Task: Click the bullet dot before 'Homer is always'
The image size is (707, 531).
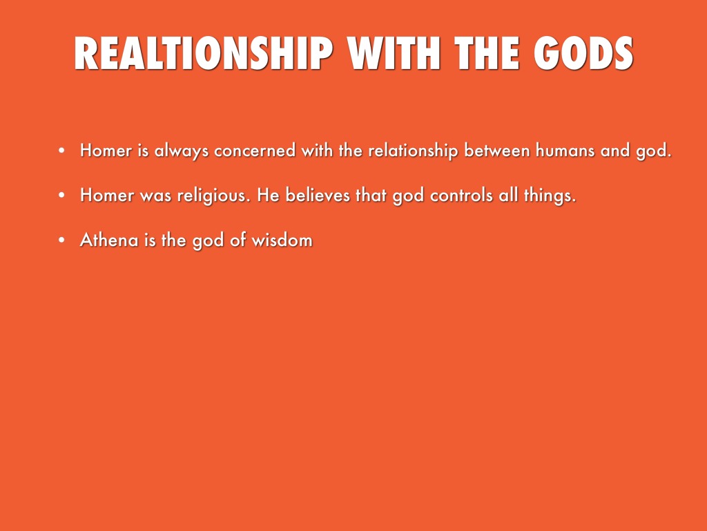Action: (61, 150)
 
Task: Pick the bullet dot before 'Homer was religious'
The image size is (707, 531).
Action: (61, 195)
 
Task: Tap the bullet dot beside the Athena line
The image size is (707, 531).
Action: (61, 240)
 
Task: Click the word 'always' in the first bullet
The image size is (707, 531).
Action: (182, 151)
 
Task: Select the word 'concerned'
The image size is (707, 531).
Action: (255, 150)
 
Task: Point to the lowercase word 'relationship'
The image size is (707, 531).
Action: (413, 151)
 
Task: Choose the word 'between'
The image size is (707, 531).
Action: (497, 150)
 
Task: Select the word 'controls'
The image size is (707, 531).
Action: (461, 195)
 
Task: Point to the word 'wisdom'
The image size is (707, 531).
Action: (282, 240)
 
